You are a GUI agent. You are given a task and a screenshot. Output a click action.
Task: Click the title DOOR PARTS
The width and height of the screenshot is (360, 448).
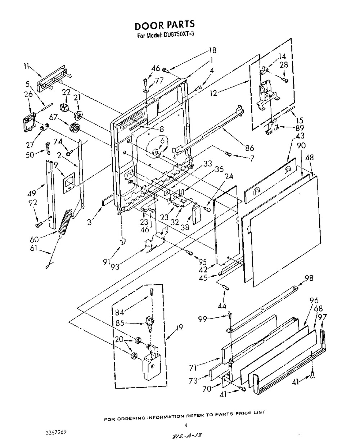(165, 25)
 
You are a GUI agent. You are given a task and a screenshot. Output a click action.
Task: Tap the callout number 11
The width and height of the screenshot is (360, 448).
(26, 67)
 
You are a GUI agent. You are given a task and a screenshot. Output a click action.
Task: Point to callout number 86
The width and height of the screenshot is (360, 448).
(249, 148)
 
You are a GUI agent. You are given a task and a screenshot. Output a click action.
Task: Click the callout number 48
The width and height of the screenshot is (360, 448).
(310, 158)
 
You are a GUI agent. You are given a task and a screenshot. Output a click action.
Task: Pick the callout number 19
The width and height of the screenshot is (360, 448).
(179, 327)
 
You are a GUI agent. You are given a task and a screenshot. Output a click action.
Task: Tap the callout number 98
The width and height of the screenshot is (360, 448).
(309, 278)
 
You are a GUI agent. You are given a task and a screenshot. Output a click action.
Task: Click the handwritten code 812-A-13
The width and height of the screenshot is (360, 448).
(187, 440)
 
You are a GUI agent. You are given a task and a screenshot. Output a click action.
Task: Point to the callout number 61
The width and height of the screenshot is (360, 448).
(34, 248)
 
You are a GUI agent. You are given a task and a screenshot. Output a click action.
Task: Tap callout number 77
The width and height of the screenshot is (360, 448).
(159, 80)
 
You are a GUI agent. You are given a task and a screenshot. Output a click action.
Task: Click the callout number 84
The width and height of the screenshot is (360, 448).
(120, 312)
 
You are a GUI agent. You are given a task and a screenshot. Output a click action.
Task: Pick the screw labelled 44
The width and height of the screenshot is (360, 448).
(226, 287)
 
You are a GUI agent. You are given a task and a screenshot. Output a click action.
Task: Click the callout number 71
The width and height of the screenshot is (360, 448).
(193, 368)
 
